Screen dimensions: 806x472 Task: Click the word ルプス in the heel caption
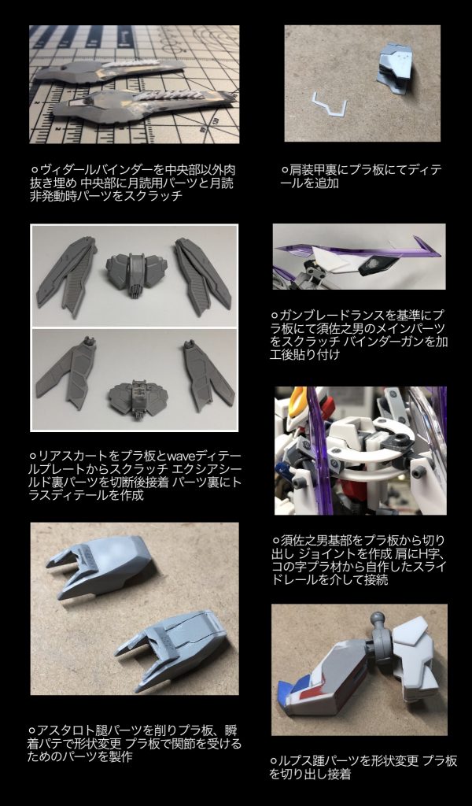pos(297,761)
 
